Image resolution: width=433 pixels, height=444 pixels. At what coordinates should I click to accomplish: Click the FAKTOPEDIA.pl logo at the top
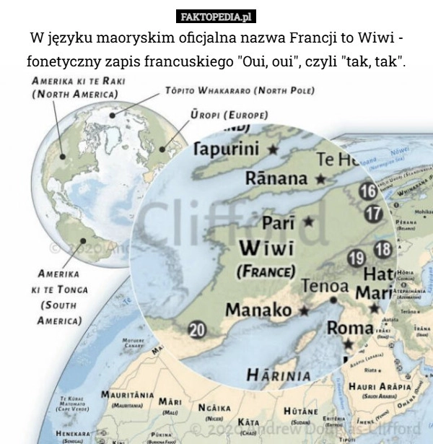point(216,16)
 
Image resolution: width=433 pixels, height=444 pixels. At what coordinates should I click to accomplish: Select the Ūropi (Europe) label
point(229,115)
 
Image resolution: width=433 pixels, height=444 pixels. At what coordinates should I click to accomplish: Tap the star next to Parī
point(308,221)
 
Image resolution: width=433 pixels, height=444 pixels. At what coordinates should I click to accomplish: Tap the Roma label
point(351,328)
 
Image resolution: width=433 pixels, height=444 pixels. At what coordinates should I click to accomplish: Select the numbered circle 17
point(373,214)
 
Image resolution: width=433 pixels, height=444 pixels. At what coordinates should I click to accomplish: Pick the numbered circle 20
point(197,329)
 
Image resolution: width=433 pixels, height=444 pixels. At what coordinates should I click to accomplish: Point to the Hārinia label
point(279,375)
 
